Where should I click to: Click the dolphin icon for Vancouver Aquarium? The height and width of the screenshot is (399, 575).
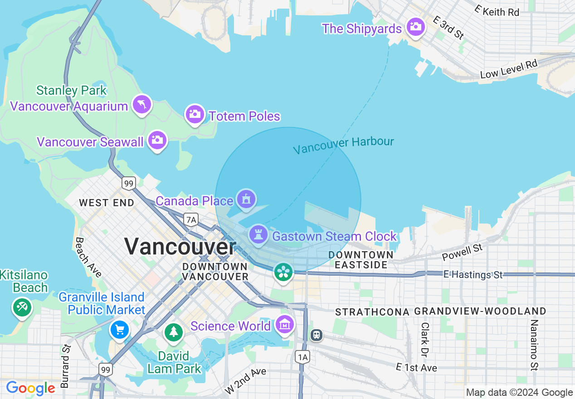click(142, 105)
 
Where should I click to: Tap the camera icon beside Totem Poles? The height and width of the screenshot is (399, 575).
click(195, 114)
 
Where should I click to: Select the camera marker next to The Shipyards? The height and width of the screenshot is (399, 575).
click(415, 27)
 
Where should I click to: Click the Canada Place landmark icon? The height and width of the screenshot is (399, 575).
click(246, 199)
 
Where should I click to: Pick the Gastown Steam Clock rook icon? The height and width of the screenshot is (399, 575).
click(258, 235)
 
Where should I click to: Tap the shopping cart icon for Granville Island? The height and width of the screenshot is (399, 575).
click(120, 329)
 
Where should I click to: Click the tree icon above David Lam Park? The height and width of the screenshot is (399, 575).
click(173, 332)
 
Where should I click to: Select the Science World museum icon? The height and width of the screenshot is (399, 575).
click(284, 325)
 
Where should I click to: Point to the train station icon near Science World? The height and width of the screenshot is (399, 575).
click(317, 335)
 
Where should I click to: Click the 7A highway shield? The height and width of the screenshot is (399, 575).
click(191, 220)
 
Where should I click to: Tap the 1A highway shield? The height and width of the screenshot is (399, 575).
click(302, 357)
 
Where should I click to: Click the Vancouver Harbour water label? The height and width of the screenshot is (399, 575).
click(343, 145)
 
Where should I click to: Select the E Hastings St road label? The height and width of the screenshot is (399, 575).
click(473, 275)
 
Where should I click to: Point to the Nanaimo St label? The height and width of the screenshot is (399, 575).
click(534, 345)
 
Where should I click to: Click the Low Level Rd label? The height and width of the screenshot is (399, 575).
click(508, 69)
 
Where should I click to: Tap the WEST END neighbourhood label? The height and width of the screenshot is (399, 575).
click(107, 203)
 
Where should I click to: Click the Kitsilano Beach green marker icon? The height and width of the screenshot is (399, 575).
click(21, 308)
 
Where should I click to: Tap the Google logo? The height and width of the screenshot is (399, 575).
click(30, 388)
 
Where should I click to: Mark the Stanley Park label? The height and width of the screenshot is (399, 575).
click(72, 90)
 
